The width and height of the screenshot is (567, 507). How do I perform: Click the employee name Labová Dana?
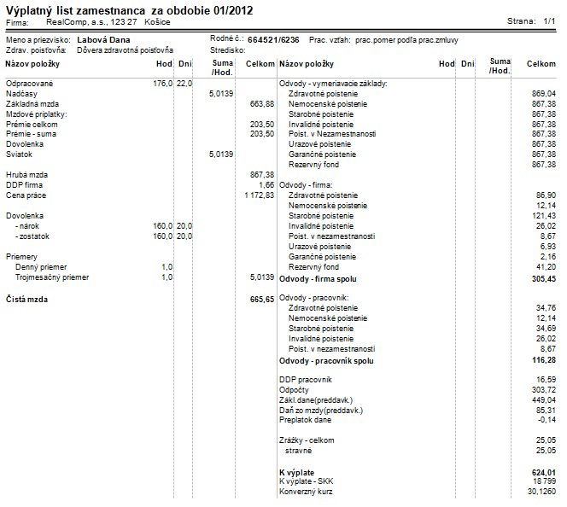[103, 40]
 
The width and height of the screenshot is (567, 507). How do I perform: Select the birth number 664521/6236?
[273, 40]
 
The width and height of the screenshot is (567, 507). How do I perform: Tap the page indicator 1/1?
[549, 21]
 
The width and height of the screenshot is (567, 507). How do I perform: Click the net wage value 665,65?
[262, 300]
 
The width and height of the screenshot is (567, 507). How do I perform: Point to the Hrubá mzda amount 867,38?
[262, 175]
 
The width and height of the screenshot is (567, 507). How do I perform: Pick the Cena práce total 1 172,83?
[260, 195]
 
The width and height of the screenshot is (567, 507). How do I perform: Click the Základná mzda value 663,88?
[262, 104]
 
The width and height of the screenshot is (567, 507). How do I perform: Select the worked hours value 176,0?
[163, 84]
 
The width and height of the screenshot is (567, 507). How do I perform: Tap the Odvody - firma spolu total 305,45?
[544, 279]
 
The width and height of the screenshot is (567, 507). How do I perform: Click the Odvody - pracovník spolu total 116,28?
[544, 361]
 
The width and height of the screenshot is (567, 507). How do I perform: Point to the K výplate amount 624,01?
[544, 473]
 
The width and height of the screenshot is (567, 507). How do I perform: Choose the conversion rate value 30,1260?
[541, 492]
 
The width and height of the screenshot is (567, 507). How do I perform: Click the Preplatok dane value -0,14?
[547, 420]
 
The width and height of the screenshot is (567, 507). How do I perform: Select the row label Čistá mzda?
[26, 300]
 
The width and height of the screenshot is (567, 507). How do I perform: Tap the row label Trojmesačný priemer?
[52, 277]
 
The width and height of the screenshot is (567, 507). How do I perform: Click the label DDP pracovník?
[306, 380]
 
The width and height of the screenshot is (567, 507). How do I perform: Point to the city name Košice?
[157, 22]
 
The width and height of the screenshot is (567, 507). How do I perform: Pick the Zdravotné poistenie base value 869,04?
[544, 94]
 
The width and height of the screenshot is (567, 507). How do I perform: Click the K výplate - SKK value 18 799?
[545, 481]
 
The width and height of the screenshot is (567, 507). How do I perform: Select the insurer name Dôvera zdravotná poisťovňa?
[126, 50]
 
